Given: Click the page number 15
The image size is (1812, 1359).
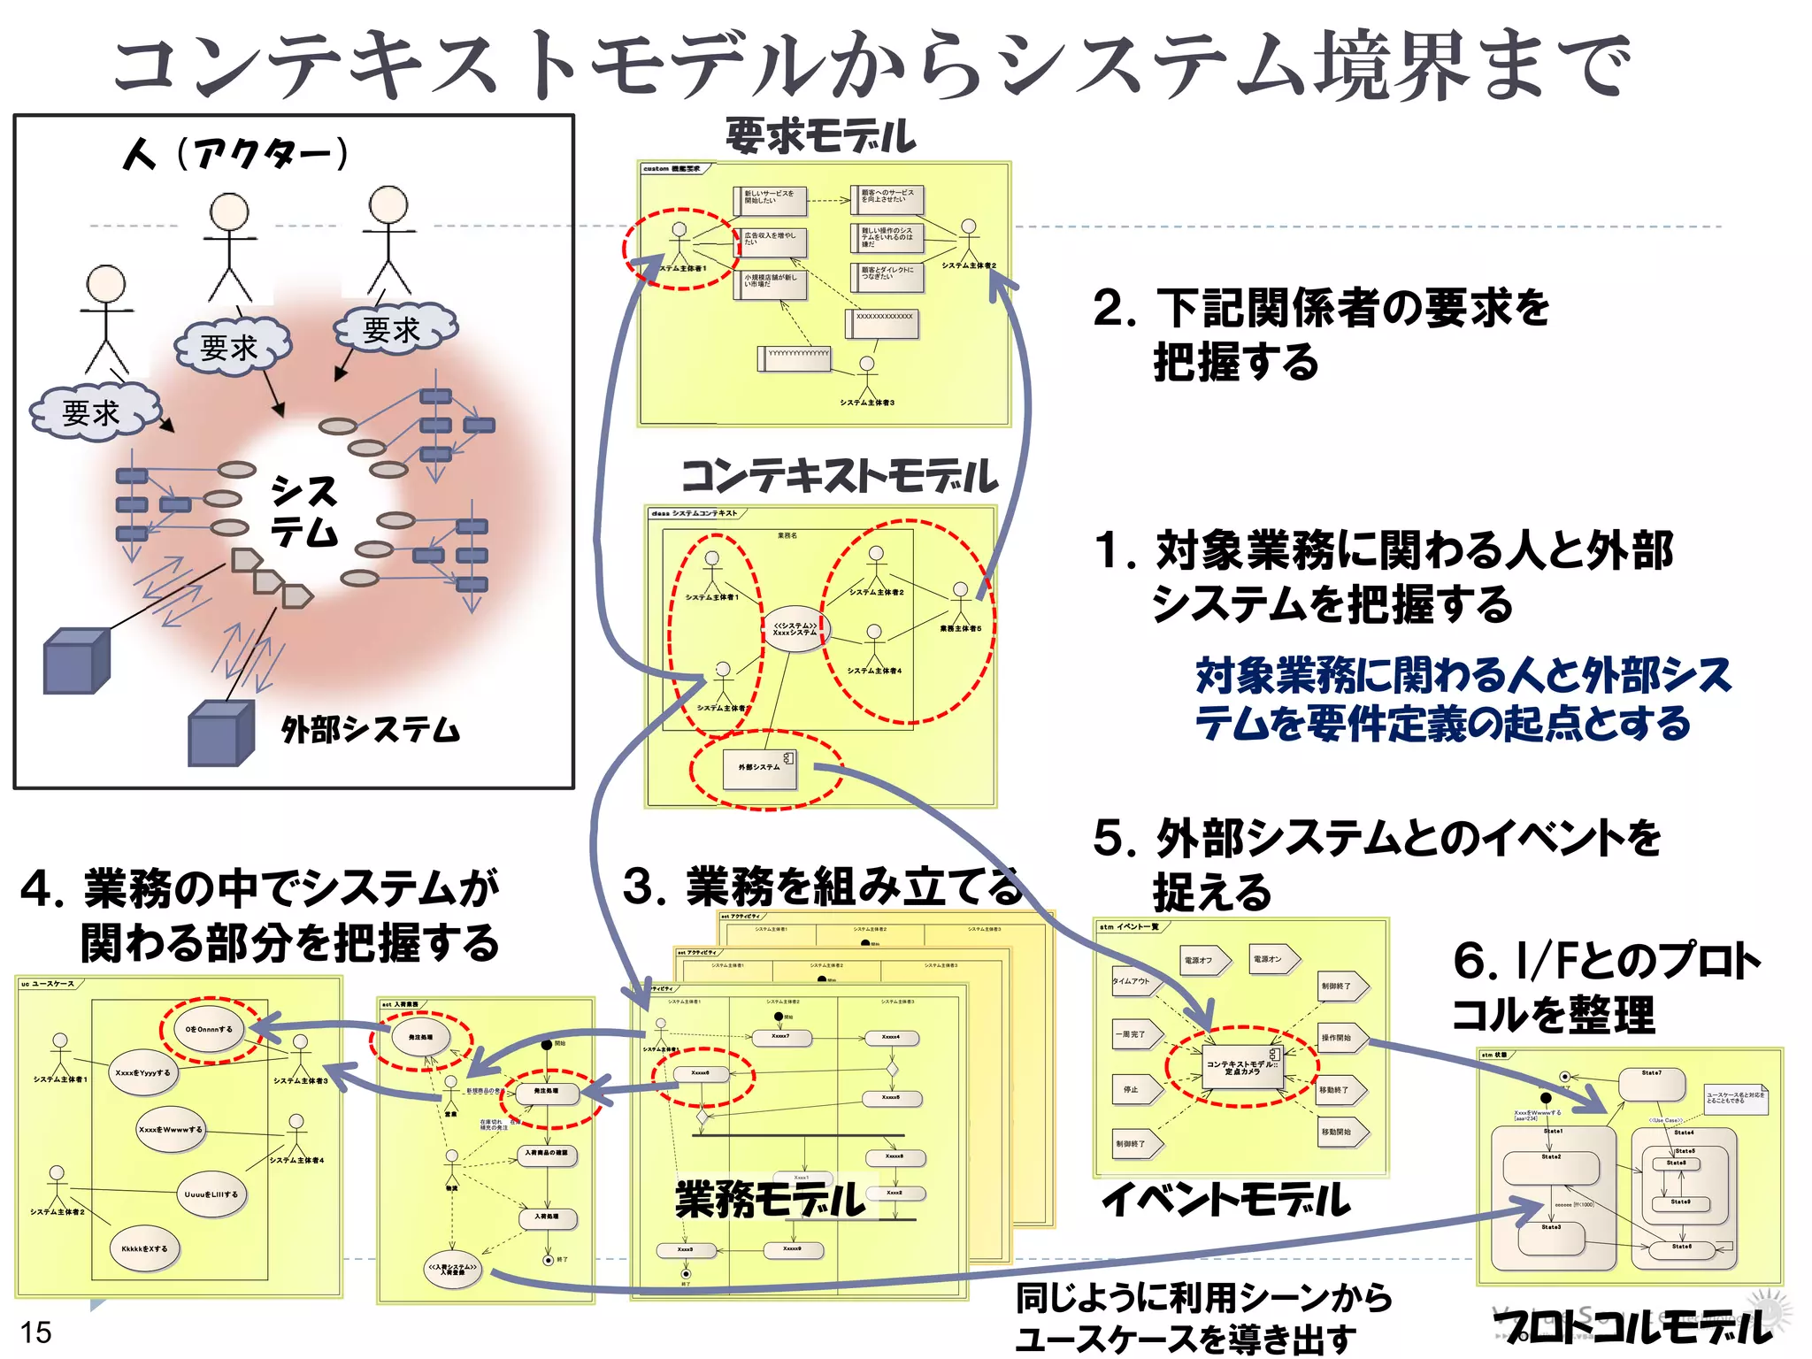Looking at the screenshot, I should (x=36, y=1332).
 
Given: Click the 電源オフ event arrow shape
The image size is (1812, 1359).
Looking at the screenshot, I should (x=1203, y=960).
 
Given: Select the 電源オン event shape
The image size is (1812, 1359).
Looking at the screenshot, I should (x=1273, y=959).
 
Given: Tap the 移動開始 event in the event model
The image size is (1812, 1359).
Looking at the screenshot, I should (x=1340, y=1132).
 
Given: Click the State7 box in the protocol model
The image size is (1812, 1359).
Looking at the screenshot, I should (x=1651, y=1083).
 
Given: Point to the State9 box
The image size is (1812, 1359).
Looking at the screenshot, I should (x=1680, y=1203).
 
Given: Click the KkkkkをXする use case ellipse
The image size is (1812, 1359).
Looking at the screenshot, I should (x=144, y=1248).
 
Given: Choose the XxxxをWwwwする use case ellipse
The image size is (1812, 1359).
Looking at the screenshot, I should (x=171, y=1130).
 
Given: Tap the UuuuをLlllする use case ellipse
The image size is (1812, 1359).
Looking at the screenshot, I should (x=211, y=1194).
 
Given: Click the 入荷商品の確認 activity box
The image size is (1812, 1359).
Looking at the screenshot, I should (x=547, y=1154).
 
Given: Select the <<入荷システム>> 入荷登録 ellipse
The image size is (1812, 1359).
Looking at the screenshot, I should (x=452, y=1269).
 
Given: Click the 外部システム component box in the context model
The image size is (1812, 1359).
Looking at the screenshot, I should (x=761, y=768).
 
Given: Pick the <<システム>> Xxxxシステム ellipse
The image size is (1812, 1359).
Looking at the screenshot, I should (x=795, y=629).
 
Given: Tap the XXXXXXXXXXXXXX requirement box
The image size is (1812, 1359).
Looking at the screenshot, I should (x=884, y=323).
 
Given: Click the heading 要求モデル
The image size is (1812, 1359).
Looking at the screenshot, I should (x=820, y=136).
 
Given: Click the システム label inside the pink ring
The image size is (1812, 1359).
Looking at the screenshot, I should (x=304, y=511).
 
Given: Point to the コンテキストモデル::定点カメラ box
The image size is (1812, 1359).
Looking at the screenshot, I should (x=1242, y=1067).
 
